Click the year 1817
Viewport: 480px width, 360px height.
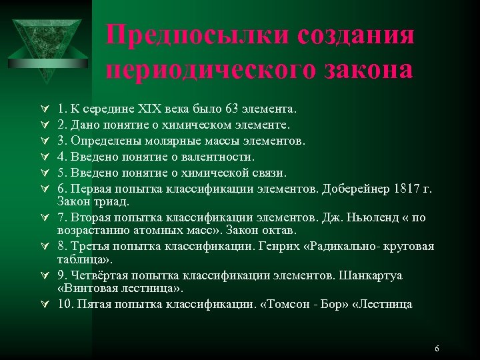tap(407, 189)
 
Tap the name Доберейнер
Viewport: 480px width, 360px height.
tap(353, 189)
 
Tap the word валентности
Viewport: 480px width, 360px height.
tap(219, 157)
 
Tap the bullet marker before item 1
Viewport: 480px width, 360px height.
tap(44, 108)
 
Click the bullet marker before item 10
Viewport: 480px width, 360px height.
tap(44, 305)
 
